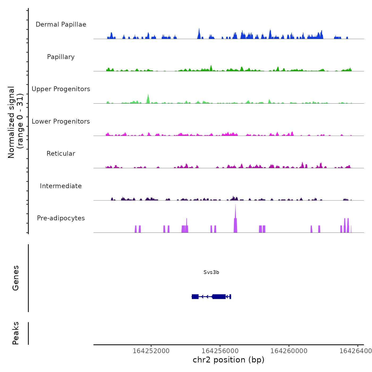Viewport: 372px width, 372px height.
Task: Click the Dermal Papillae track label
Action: (61, 24)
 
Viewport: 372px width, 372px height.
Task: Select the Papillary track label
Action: (61, 57)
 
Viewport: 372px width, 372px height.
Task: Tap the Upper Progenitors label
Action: (61, 89)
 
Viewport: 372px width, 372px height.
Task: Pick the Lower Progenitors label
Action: (61, 121)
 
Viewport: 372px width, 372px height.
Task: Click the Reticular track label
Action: (61, 154)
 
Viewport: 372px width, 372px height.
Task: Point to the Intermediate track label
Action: (61, 186)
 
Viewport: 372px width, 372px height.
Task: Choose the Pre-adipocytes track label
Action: (61, 218)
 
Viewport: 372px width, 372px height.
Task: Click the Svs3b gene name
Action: (211, 272)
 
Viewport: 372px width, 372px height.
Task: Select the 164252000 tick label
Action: (151, 351)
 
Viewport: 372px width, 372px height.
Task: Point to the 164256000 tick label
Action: (220, 351)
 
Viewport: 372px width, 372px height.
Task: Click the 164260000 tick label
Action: (289, 351)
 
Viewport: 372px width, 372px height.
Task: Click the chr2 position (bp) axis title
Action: (229, 360)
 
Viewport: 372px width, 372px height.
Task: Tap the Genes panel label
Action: (16, 278)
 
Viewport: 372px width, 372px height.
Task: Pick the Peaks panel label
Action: (16, 333)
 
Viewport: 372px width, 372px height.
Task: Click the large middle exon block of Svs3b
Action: (219, 297)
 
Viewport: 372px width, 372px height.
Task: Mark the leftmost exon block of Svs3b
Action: (195, 297)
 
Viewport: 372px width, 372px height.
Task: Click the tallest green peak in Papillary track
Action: (211, 67)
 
